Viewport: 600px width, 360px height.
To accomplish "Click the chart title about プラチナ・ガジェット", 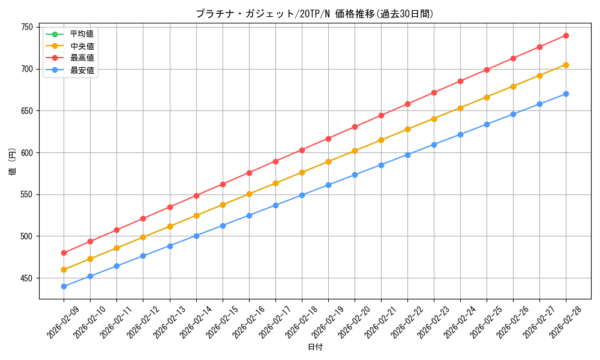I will click(x=314, y=14).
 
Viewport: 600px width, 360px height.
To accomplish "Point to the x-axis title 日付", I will click(x=315, y=347).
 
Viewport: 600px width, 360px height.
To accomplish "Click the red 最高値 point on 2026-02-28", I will click(x=566, y=35).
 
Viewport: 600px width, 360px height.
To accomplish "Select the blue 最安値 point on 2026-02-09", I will click(x=64, y=286).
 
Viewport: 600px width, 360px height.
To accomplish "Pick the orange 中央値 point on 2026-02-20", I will click(x=355, y=151).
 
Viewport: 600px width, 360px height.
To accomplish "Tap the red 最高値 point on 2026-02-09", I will click(x=64, y=253).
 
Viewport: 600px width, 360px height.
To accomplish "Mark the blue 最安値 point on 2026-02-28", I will click(x=566, y=94).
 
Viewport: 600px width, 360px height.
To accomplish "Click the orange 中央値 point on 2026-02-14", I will click(x=196, y=215).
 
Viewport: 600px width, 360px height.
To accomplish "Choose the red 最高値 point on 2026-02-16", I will click(x=249, y=173).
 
